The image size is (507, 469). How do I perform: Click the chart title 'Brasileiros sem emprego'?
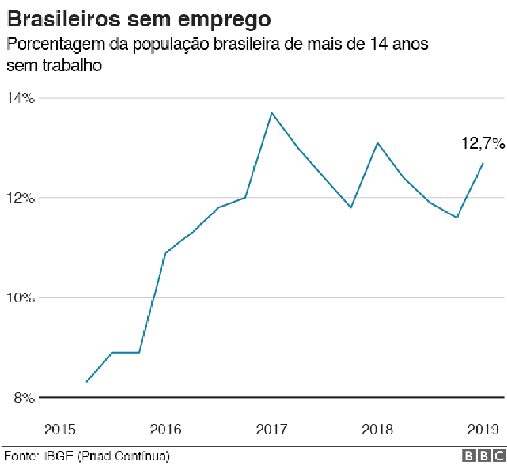(138, 18)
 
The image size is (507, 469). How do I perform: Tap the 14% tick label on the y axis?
(20, 98)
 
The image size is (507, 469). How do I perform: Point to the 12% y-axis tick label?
(20, 198)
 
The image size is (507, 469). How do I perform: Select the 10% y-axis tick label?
(20, 298)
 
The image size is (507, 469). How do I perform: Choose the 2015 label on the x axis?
(60, 430)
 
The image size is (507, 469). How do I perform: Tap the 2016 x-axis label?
(165, 430)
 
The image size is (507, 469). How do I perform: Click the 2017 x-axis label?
(271, 430)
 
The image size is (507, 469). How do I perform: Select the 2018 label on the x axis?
(377, 430)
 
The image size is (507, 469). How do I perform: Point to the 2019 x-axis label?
(483, 430)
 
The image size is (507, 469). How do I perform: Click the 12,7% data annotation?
(483, 143)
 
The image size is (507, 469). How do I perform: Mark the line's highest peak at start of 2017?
(271, 113)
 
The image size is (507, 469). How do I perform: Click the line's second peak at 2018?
(377, 142)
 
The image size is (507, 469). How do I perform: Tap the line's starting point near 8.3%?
(86, 382)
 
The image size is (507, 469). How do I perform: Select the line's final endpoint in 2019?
(483, 163)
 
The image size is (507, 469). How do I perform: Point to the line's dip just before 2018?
(351, 207)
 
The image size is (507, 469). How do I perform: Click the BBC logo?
(484, 456)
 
